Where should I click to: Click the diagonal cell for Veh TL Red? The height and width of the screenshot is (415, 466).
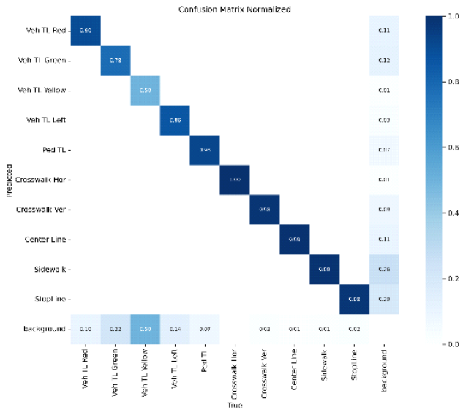pyautogui.click(x=86, y=31)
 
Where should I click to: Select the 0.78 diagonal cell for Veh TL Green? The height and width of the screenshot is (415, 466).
pyautogui.click(x=116, y=61)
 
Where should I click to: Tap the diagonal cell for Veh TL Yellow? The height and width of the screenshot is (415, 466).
pyautogui.click(x=146, y=91)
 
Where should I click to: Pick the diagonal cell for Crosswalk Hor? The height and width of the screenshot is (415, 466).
pyautogui.click(x=235, y=180)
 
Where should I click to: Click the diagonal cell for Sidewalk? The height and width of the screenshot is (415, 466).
pyautogui.click(x=324, y=269)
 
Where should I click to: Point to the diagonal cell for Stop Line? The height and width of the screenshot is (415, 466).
pyautogui.click(x=354, y=298)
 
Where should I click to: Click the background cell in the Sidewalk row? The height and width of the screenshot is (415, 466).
pyautogui.click(x=384, y=269)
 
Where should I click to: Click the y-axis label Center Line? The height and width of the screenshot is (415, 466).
pyautogui.click(x=47, y=239)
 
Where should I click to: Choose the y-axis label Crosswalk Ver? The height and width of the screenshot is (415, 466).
pyautogui.click(x=43, y=210)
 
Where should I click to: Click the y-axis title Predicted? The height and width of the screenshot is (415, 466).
pyautogui.click(x=10, y=180)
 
